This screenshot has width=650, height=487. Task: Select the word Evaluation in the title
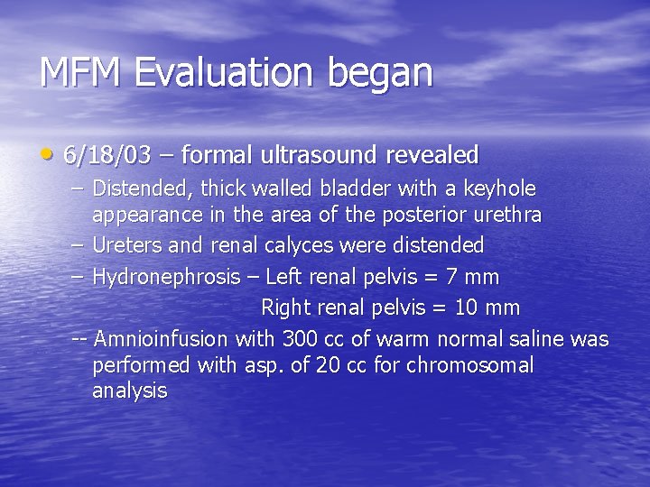click(x=227, y=73)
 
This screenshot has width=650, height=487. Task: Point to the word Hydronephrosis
click(x=166, y=277)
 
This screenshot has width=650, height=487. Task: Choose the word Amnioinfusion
click(x=162, y=339)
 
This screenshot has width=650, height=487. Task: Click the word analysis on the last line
click(x=129, y=391)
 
